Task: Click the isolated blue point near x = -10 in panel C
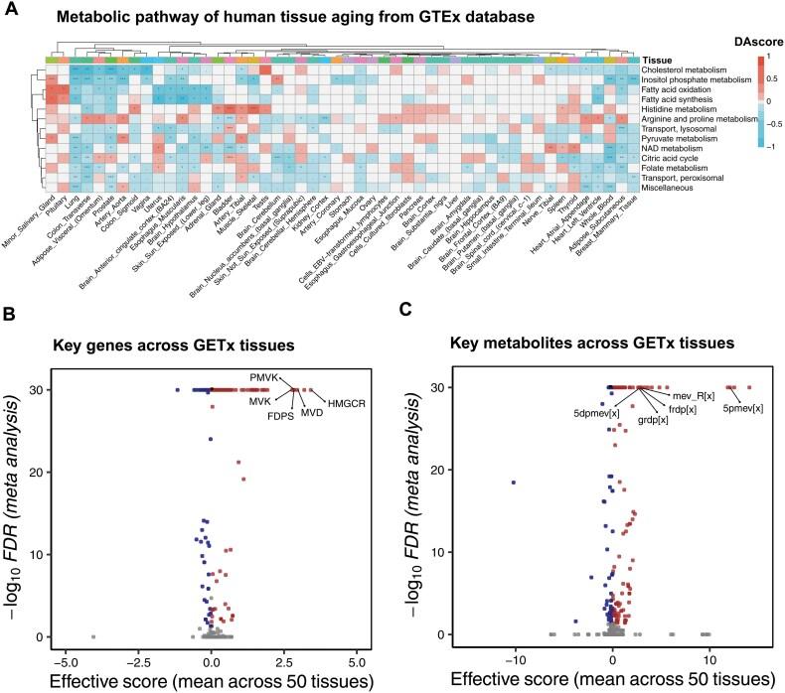[x=514, y=483]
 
